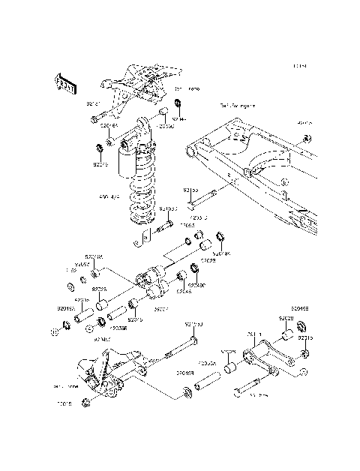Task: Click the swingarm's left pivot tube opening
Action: (193, 153)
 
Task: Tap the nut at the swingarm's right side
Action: (307, 139)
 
